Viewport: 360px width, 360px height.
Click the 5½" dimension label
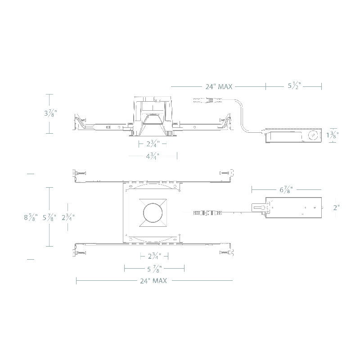click(x=294, y=86)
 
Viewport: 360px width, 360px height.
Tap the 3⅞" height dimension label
click(x=50, y=113)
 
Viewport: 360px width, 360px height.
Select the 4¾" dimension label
click(x=153, y=156)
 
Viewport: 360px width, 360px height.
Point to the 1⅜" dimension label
click(x=333, y=135)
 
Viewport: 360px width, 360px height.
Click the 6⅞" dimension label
click(x=286, y=189)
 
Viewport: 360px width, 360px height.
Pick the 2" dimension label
click(x=336, y=207)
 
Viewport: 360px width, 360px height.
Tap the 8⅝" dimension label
click(x=31, y=217)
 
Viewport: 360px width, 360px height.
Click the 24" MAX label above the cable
click(x=219, y=86)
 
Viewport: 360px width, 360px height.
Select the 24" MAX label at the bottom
click(x=153, y=280)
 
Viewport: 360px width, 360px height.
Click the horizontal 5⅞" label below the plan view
click(x=154, y=269)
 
